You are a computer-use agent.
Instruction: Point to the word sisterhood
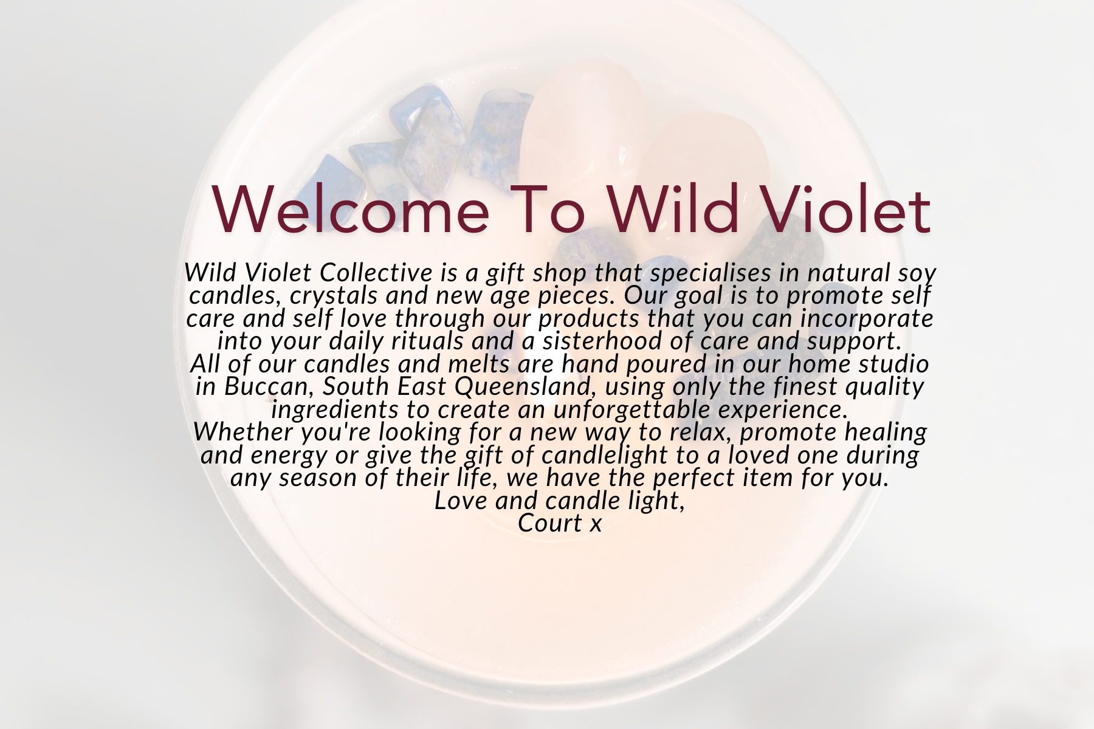(x=603, y=341)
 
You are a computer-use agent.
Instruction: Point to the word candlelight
(x=610, y=455)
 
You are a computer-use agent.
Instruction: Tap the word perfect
(x=693, y=477)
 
